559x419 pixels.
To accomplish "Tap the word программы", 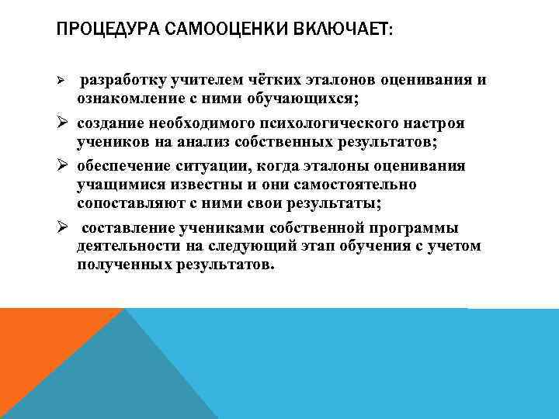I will pyautogui.click(x=413, y=227).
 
